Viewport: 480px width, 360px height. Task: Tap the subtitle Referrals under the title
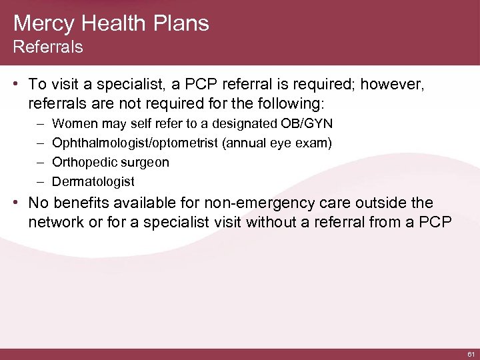pos(48,47)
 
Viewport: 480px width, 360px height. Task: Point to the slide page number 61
pos(471,354)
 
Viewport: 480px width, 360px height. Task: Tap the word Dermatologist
pos(93,181)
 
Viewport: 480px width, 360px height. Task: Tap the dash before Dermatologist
pos(33,181)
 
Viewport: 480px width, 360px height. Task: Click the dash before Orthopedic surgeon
pos(33,163)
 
